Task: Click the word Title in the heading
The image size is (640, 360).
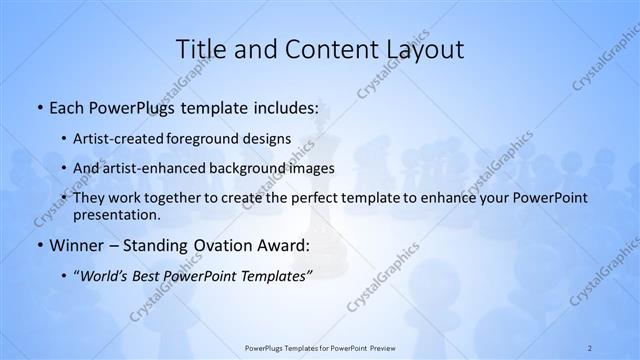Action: (x=201, y=49)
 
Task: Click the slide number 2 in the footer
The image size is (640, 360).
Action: (x=590, y=347)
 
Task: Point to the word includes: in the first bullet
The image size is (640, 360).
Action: (x=284, y=106)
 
